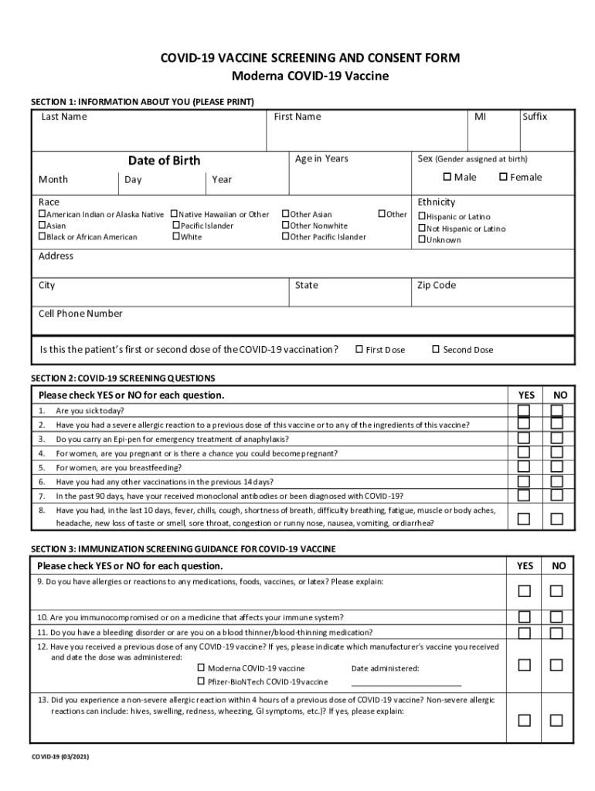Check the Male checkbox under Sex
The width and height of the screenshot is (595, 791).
[x=447, y=178]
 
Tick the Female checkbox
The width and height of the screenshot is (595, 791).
[x=503, y=178]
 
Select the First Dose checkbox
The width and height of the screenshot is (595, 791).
[x=359, y=350]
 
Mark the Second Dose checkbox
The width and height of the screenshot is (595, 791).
[x=436, y=350]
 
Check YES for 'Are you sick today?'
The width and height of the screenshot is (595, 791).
[x=524, y=410]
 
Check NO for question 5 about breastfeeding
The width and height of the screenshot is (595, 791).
[x=556, y=467]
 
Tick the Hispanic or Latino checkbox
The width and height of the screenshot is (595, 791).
[x=422, y=217]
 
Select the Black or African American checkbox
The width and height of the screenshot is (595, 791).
[x=42, y=237]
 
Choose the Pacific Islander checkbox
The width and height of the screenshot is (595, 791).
[x=175, y=226]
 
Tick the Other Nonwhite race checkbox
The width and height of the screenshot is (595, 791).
[x=285, y=226]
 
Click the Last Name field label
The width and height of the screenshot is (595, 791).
[x=64, y=117]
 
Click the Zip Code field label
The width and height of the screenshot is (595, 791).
[x=437, y=285]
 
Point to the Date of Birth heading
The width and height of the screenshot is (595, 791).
[x=164, y=161]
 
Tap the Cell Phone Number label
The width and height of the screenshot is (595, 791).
[x=80, y=314]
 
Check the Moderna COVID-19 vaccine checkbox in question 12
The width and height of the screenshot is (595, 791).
[x=201, y=667]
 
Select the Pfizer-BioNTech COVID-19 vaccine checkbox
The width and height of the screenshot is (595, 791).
[x=201, y=681]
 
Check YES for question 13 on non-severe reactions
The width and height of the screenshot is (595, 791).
[x=524, y=720]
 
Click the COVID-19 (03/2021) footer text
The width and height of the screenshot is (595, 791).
[x=60, y=757]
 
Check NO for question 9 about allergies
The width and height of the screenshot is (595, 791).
[x=556, y=591]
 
